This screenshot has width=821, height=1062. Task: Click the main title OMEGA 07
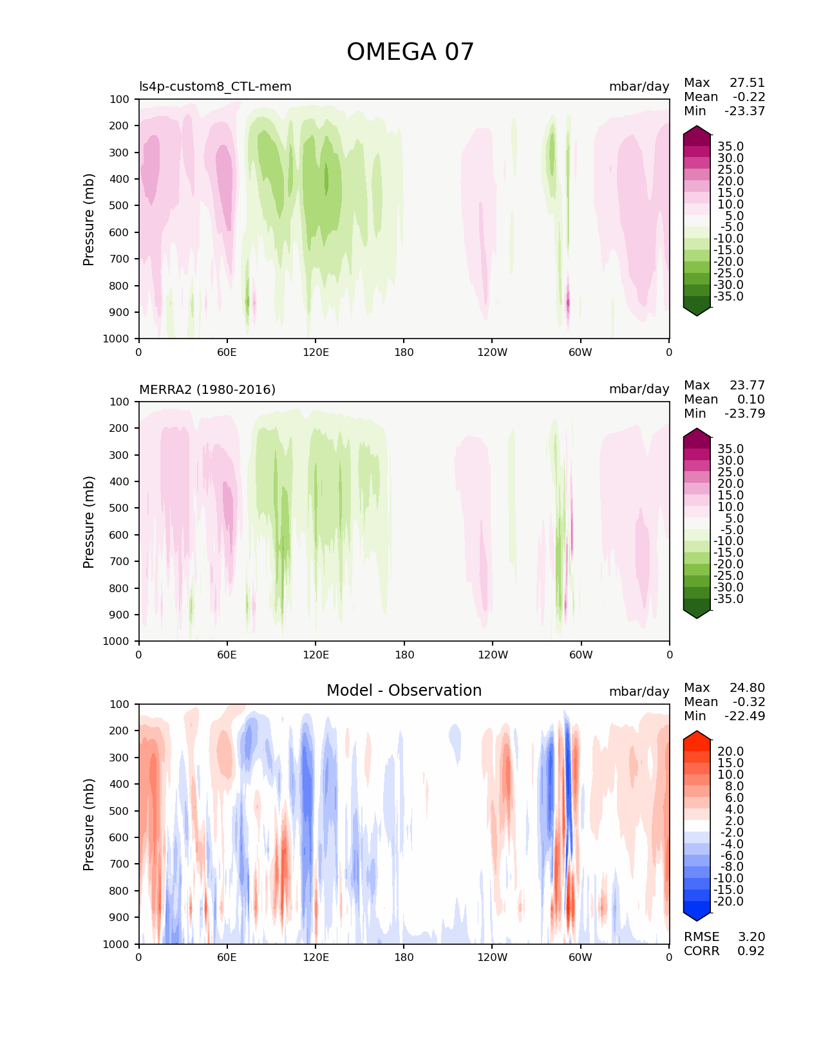point(410,52)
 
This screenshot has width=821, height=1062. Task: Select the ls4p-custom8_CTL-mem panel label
point(215,86)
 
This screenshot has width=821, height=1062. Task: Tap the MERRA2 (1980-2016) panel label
point(207,389)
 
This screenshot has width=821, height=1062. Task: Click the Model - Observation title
point(404,691)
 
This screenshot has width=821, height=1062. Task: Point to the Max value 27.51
point(747,83)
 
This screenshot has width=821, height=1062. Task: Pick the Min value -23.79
point(744,413)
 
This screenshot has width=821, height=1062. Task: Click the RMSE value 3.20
point(751,936)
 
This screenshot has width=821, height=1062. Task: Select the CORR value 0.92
point(751,951)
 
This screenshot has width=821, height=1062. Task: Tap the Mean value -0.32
point(749,702)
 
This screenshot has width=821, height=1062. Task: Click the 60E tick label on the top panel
point(227,352)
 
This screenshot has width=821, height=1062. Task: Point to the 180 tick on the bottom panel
point(404,957)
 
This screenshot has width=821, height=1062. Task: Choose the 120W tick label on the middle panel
point(493,655)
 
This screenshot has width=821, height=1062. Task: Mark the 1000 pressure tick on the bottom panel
point(117,944)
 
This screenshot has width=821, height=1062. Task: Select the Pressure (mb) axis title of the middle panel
point(89,521)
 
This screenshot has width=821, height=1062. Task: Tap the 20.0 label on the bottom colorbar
point(731,752)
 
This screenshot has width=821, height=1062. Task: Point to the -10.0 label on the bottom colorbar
point(729,878)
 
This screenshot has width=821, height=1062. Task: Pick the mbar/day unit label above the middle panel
point(639,389)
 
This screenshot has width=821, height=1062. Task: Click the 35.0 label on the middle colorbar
point(731,449)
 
